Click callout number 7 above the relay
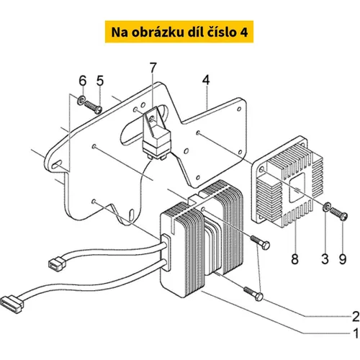(x=153, y=68)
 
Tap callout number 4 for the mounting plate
(x=206, y=80)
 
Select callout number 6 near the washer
(x=83, y=81)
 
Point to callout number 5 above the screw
(x=100, y=81)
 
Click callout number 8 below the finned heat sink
(x=294, y=259)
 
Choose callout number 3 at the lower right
(x=325, y=259)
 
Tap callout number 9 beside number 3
(x=343, y=259)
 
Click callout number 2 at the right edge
(x=356, y=316)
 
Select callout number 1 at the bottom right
(x=356, y=333)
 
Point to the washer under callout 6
(x=81, y=100)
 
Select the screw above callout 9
(x=338, y=213)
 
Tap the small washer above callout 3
(x=327, y=207)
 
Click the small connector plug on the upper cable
(x=57, y=263)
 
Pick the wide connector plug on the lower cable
(x=12, y=302)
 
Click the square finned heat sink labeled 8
(x=287, y=181)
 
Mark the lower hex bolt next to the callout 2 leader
(x=253, y=294)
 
